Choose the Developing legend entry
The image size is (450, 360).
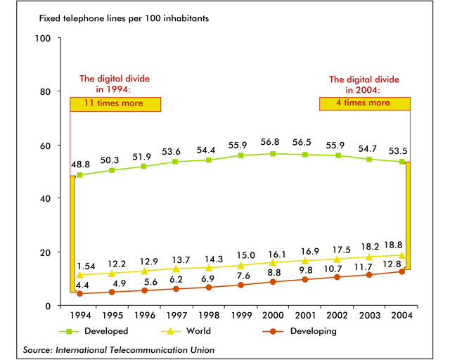306,330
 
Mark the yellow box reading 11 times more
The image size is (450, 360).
115,103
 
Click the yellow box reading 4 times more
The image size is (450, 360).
365,103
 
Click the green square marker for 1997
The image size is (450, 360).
176,162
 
